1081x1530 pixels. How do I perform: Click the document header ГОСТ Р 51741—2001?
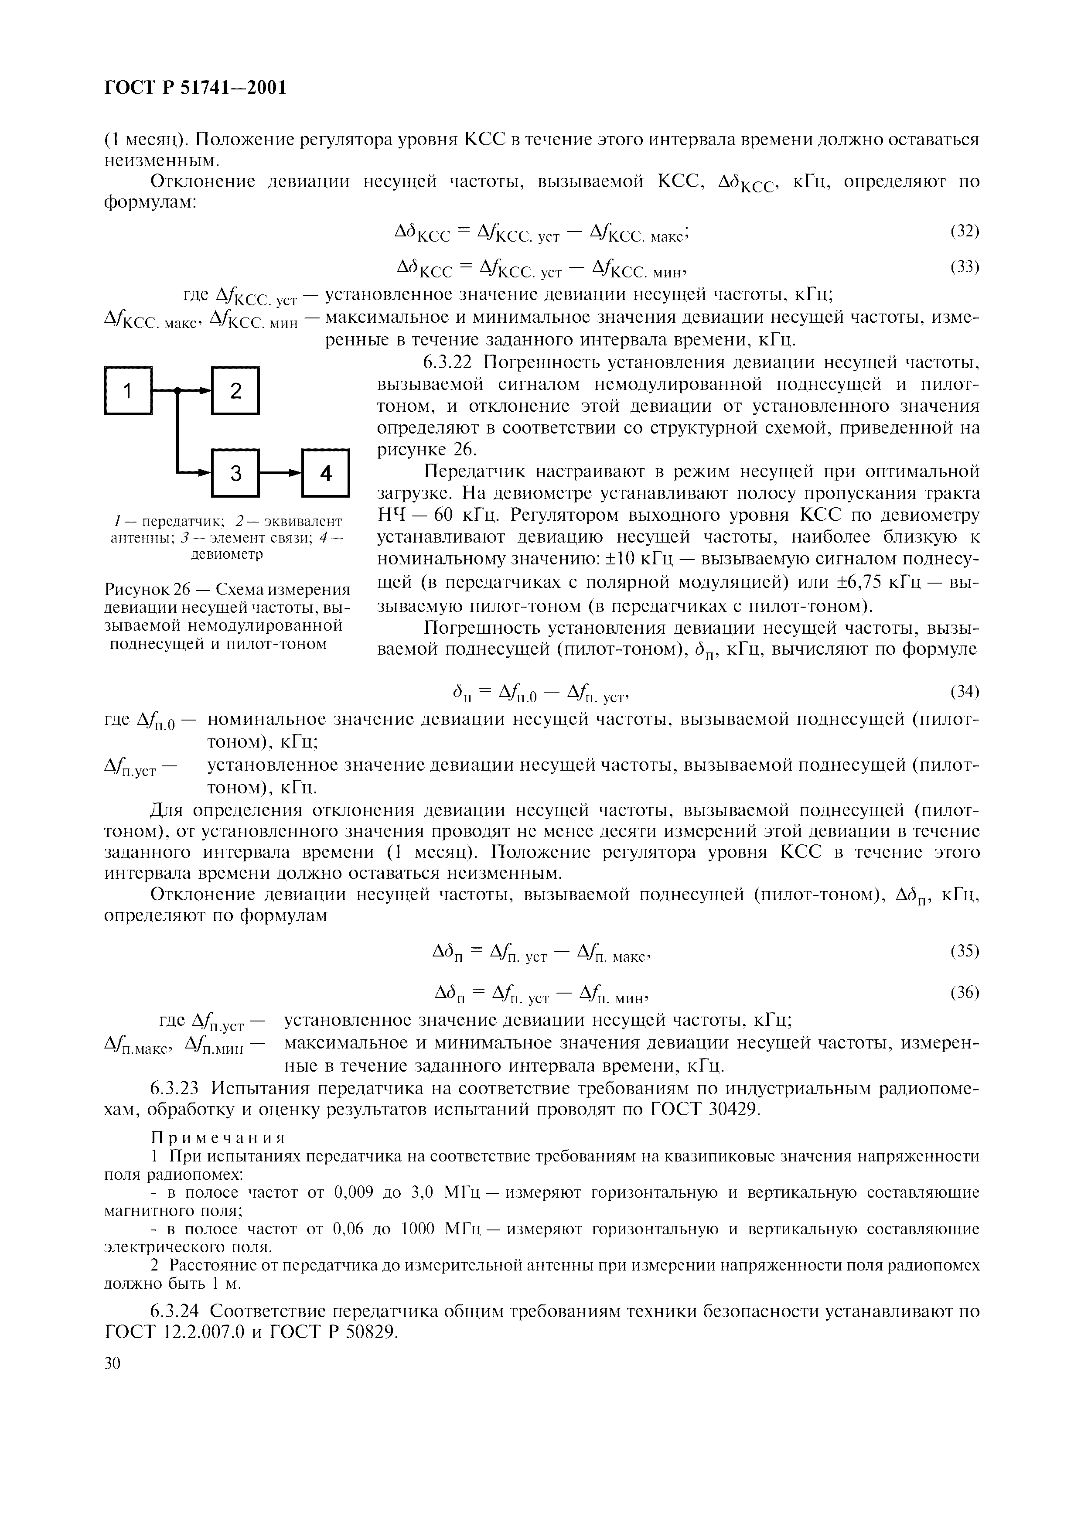tap(196, 87)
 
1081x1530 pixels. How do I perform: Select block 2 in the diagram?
tap(235, 391)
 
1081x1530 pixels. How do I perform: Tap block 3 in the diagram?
tap(235, 473)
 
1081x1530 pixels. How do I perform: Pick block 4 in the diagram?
tap(326, 473)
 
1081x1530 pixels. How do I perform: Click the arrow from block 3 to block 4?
tap(280, 473)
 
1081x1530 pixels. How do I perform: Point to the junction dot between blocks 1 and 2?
tap(178, 391)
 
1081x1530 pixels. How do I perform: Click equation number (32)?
tap(964, 231)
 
